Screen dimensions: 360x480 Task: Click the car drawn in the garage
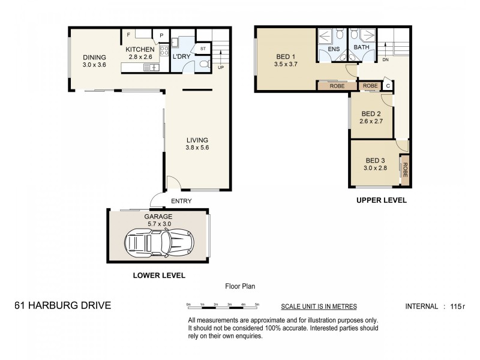(158, 244)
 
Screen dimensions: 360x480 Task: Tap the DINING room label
(94, 58)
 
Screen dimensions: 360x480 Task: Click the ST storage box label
(203, 49)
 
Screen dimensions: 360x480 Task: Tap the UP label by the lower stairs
(221, 67)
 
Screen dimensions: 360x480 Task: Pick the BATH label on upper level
(361, 47)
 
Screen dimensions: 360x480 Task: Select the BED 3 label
(375, 160)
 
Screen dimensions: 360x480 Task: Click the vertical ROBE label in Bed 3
(406, 171)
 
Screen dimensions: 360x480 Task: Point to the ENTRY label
(181, 201)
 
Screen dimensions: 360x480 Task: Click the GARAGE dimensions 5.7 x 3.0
(158, 224)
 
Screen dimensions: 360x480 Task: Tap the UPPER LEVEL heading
(382, 200)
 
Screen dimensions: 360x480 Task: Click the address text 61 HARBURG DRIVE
(62, 306)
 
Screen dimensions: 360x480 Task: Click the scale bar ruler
(223, 306)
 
